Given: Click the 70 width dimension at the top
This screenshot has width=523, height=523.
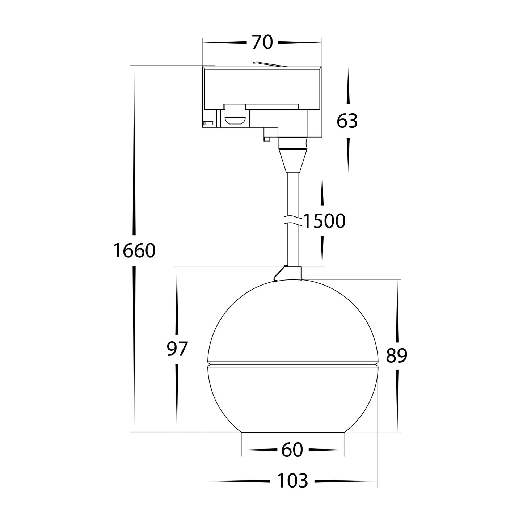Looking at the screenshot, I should (x=262, y=42).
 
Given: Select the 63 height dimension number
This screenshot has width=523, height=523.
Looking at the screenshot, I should (x=347, y=121).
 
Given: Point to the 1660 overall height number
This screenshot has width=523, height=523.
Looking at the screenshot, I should (x=134, y=250).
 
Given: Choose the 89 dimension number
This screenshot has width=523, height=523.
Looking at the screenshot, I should (x=396, y=355).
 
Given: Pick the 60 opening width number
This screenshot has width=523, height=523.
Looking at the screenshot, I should (x=292, y=450).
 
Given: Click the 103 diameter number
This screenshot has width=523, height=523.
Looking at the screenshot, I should (x=292, y=481).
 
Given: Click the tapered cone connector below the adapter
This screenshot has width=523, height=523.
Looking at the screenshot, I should (x=293, y=161).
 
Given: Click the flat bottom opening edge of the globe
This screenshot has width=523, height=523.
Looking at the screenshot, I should (x=292, y=432).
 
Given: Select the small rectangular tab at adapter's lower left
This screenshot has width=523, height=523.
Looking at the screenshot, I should (x=208, y=123).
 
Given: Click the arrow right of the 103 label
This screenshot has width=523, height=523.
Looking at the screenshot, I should (x=346, y=481).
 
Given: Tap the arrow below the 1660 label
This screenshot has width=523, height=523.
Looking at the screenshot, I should (x=135, y=347).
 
